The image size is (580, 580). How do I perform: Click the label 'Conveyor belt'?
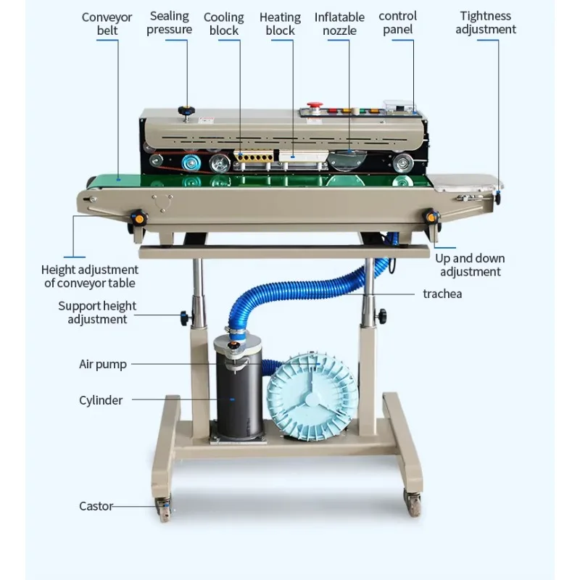[x=107, y=23]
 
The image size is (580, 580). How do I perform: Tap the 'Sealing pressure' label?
[x=169, y=22]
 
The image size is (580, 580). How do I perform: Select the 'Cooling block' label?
[x=223, y=23]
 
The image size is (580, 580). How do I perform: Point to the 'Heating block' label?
[x=280, y=23]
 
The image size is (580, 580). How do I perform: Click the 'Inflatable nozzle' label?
[x=339, y=23]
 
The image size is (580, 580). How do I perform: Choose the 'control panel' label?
[x=398, y=22]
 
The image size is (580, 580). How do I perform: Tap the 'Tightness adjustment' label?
[x=486, y=22]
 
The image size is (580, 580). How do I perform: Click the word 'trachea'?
[x=442, y=294]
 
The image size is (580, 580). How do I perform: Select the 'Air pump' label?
[x=102, y=364]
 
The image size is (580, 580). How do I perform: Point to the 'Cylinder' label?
[x=101, y=400]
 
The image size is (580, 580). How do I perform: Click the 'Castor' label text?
[x=96, y=506]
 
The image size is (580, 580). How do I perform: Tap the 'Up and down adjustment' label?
[x=471, y=265]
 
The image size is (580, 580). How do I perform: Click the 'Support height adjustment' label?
[x=97, y=312]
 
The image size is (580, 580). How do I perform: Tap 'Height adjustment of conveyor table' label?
[x=90, y=276]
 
